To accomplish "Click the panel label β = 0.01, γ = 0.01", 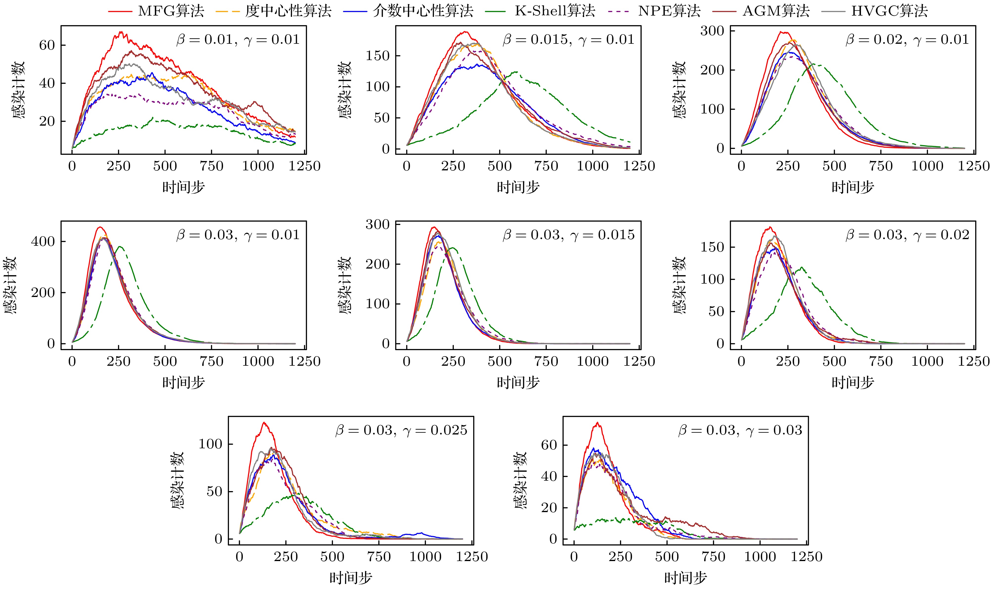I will click(x=238, y=40).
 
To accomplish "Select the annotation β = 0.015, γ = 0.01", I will click(x=568, y=40).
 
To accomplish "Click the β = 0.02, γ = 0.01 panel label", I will click(x=907, y=40).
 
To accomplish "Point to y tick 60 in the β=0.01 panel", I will click(x=47, y=45).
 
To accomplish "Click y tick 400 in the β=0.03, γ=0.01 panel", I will click(x=43, y=241).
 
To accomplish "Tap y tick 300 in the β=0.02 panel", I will click(x=712, y=31).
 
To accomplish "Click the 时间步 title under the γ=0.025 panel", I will click(x=351, y=578).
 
